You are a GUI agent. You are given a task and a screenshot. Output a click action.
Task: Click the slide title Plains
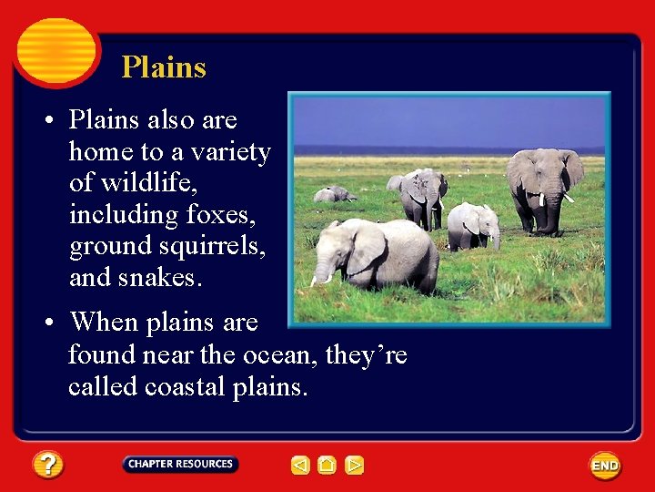(164, 67)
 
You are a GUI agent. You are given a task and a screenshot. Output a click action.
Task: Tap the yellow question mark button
(48, 465)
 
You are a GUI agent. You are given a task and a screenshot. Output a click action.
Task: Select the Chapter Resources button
(180, 465)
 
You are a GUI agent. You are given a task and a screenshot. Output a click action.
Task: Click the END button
(605, 466)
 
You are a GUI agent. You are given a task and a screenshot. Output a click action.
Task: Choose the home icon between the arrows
(327, 466)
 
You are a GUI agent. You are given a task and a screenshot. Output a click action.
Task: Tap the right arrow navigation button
(355, 466)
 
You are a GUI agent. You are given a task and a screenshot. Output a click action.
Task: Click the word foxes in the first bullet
(220, 215)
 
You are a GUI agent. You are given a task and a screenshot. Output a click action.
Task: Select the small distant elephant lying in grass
(334, 194)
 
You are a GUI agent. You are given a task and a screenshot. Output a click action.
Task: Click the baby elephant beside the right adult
(474, 224)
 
